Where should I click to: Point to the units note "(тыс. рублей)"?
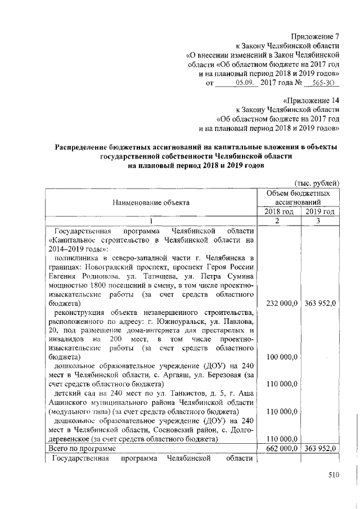[x=317, y=183]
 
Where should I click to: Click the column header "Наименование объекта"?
[x=150, y=201]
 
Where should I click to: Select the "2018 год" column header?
[x=278, y=211]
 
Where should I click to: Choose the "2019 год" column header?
[x=320, y=211]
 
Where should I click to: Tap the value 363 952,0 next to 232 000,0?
[x=320, y=303]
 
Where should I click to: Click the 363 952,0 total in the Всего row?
[x=320, y=448]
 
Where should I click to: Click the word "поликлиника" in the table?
[x=77, y=258]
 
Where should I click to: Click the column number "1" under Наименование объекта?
[x=150, y=221]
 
